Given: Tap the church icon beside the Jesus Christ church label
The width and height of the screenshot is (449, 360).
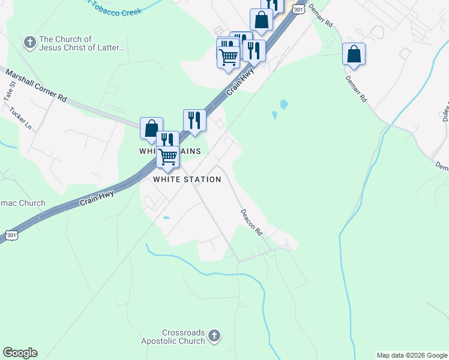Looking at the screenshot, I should click(29, 42).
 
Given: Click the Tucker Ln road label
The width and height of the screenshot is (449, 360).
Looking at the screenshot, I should click(20, 118).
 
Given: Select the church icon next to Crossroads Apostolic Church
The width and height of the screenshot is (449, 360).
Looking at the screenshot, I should click(215, 336).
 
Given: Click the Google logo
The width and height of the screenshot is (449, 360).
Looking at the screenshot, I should click(20, 353).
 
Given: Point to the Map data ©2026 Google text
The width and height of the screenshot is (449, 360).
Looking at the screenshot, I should click(411, 355).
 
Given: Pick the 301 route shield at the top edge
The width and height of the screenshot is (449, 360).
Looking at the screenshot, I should click(300, 8).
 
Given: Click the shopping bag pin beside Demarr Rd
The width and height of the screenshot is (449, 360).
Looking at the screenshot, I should click(354, 53).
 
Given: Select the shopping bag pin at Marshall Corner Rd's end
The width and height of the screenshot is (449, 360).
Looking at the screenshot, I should click(151, 127).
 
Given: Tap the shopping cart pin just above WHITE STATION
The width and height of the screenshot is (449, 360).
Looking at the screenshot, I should click(168, 156).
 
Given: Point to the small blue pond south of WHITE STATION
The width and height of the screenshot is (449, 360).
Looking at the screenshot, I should click(166, 218).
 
